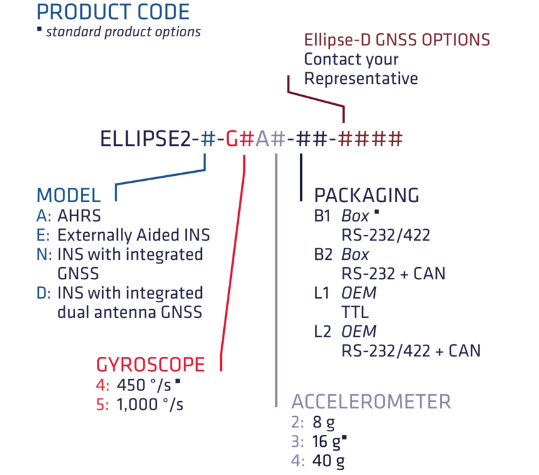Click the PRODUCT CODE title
(x=113, y=11)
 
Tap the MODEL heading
(x=68, y=195)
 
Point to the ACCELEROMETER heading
(x=371, y=401)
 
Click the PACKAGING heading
(x=367, y=195)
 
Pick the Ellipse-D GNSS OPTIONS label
(x=397, y=40)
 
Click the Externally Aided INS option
(x=133, y=235)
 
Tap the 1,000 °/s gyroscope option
(x=150, y=404)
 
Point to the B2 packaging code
(x=324, y=255)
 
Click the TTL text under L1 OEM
(x=355, y=311)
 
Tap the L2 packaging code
(x=323, y=330)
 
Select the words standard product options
(x=123, y=31)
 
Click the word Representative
(x=361, y=79)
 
